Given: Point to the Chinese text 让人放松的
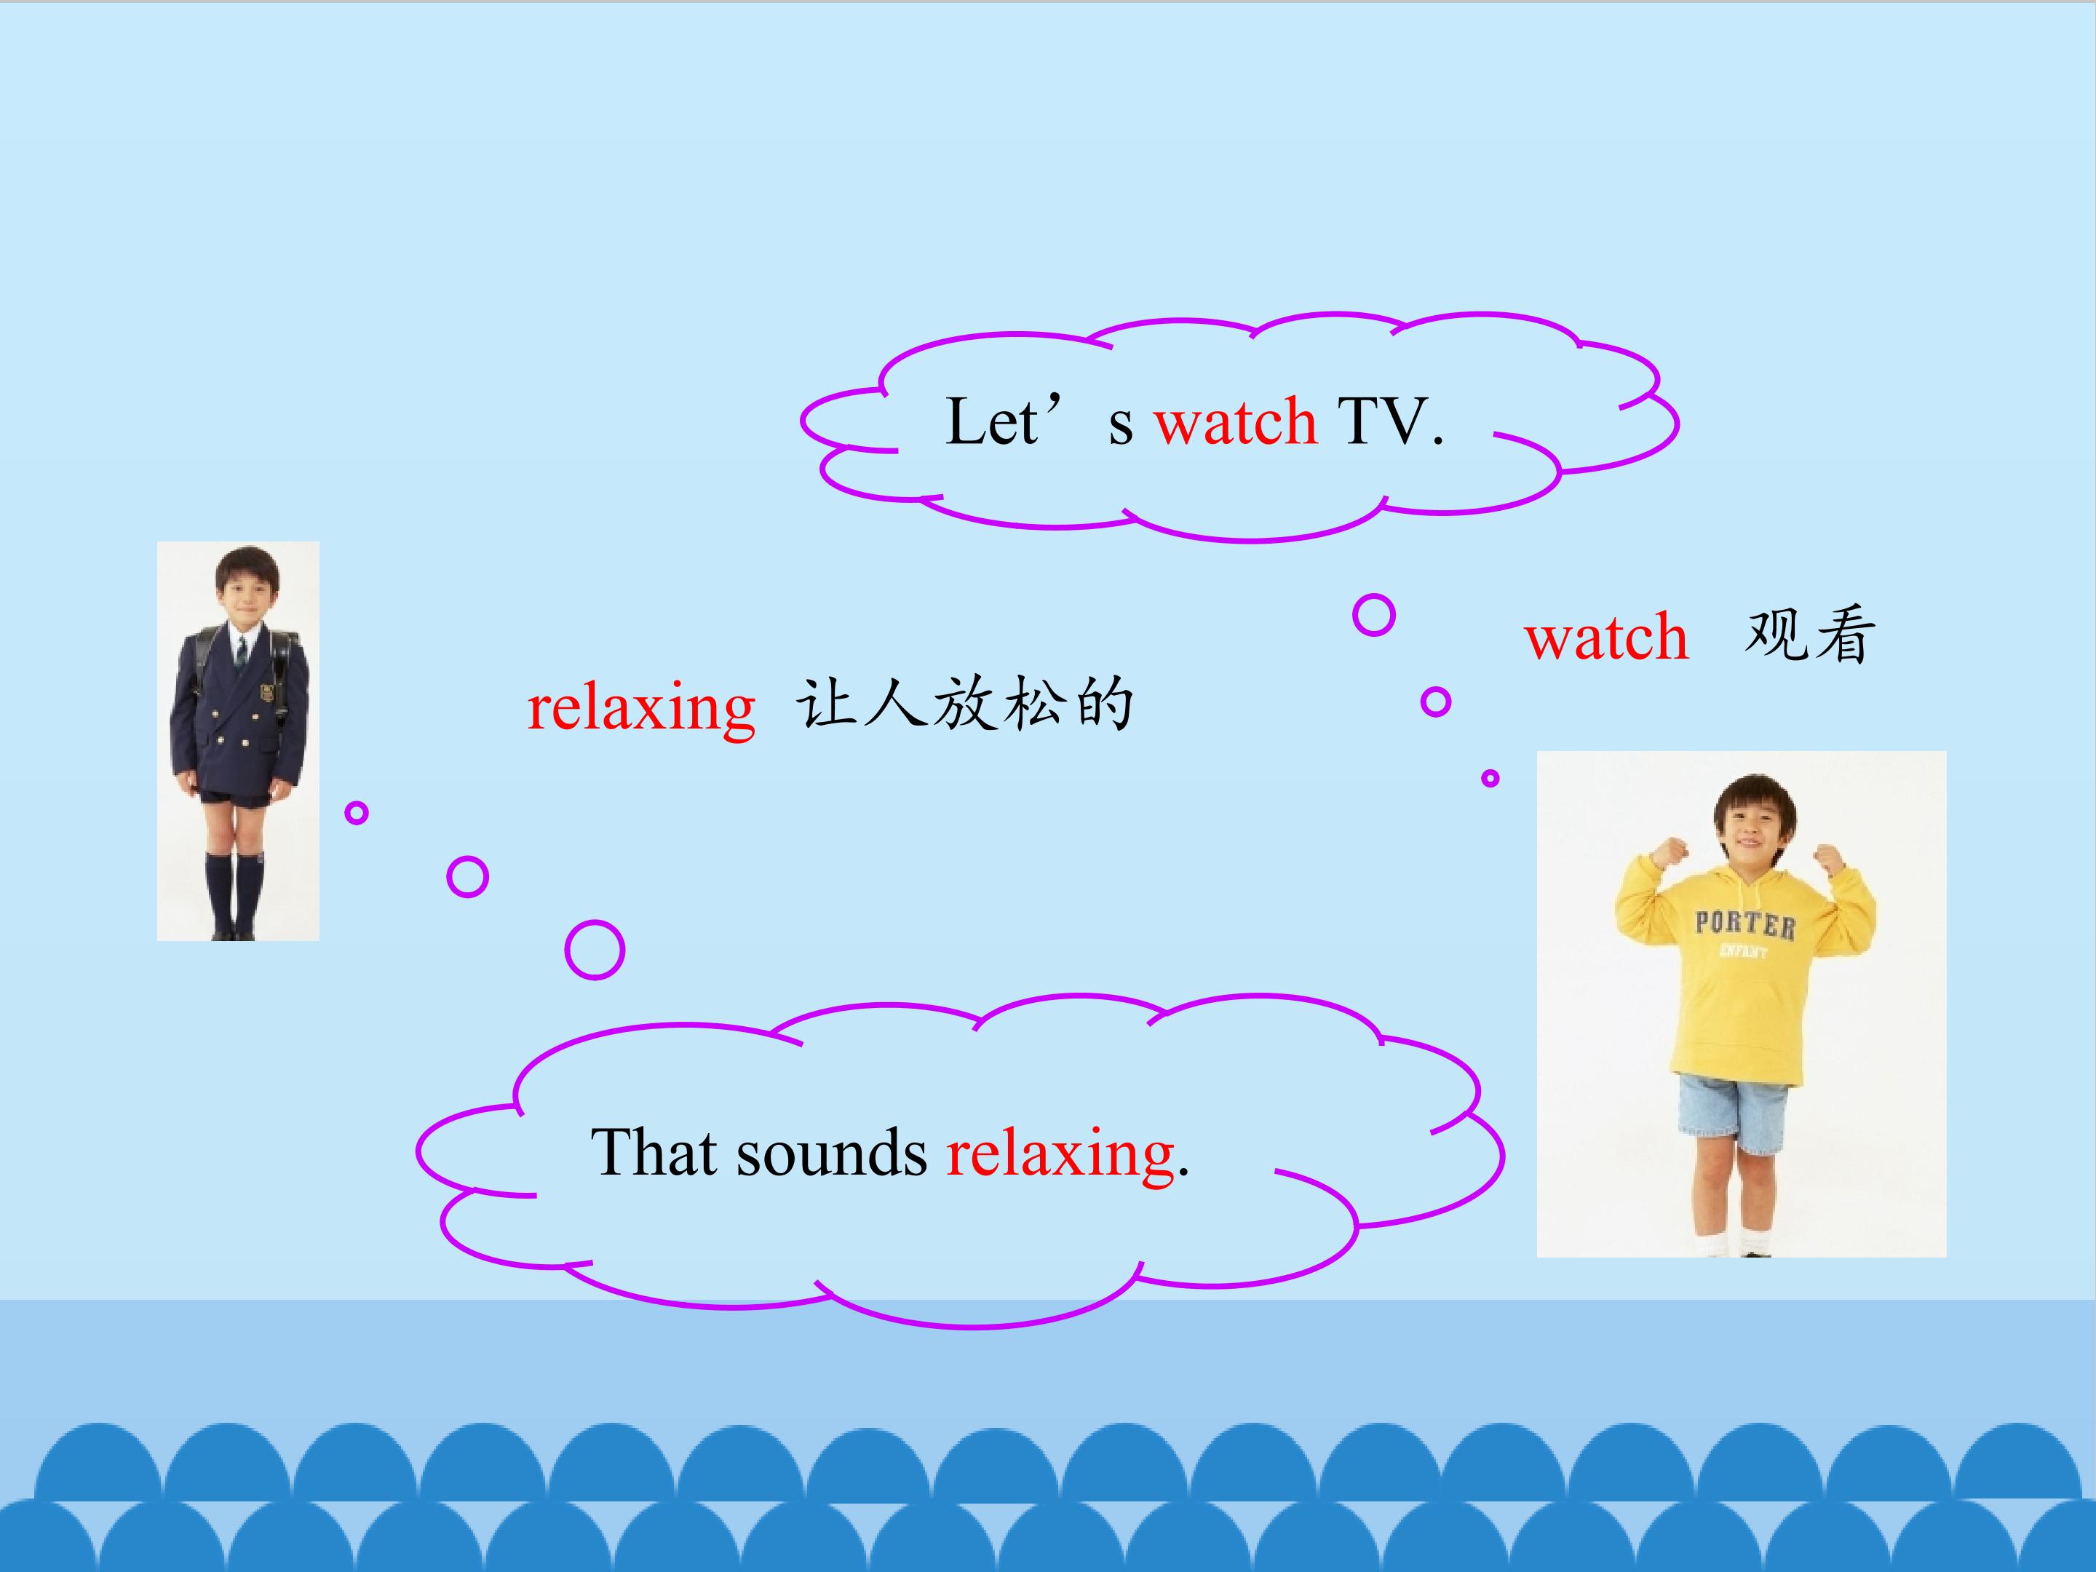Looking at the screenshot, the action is click(x=964, y=704).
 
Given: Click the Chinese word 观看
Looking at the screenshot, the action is click(x=1810, y=634).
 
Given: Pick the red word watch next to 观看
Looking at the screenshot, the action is click(x=1606, y=637).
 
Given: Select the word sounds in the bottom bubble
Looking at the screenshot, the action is click(x=832, y=1154).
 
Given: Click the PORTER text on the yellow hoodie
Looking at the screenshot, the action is click(x=1744, y=924).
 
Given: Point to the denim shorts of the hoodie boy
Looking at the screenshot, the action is click(x=1733, y=1114).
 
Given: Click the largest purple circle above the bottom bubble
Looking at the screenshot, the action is click(x=595, y=950).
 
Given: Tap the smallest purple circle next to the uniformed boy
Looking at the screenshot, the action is click(x=357, y=812).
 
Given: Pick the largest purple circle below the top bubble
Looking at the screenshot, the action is click(x=1374, y=615).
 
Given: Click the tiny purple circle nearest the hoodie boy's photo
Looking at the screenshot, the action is click(x=1490, y=778).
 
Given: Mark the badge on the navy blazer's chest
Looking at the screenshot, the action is click(x=268, y=691).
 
